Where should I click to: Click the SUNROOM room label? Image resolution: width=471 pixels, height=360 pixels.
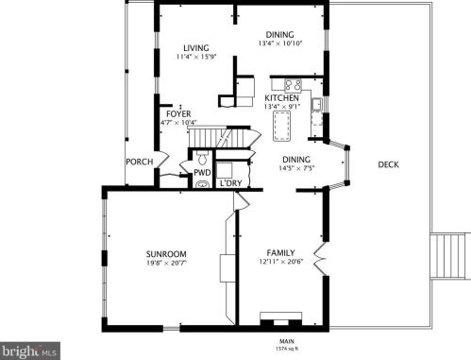pos(166,254)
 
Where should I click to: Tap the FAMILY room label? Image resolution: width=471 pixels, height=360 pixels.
pos(280,252)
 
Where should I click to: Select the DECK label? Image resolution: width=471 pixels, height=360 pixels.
pos(388,164)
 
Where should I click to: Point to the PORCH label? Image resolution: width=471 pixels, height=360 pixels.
pos(140,162)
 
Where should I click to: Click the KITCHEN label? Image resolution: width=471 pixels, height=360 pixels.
pos(281,98)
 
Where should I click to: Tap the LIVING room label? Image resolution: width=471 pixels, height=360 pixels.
pos(196,48)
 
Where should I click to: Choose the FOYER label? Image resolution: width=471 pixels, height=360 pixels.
pos(178,114)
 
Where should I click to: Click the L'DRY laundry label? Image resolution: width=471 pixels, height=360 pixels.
pos(230,183)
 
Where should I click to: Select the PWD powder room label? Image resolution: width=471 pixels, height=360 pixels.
pos(202,173)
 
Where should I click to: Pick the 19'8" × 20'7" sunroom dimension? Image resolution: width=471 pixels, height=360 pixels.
pos(166,263)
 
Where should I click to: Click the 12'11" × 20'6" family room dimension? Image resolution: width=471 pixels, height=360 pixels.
pos(281,262)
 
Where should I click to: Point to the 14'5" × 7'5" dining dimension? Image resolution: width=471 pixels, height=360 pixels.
pos(296,168)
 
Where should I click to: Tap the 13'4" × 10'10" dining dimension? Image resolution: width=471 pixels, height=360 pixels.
pos(280,43)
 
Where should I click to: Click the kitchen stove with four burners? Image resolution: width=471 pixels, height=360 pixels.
pos(294,85)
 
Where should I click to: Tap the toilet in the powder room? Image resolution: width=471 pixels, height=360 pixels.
pos(201,157)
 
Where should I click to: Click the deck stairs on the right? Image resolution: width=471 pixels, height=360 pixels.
pos(447,256)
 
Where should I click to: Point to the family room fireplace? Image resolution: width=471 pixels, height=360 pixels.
pos(280,319)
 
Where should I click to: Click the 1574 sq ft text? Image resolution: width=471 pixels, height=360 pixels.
pos(287,349)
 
